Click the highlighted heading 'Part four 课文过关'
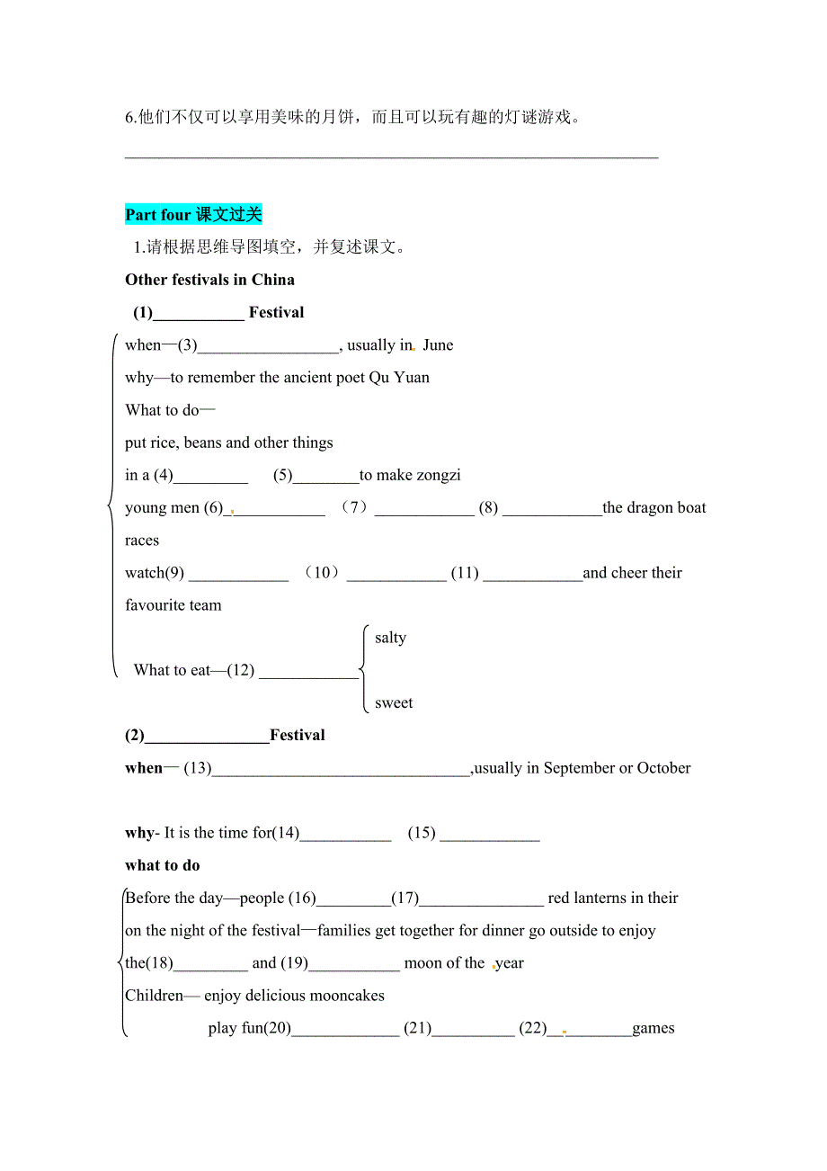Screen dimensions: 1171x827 pos(193,215)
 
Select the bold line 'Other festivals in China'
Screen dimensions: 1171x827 pos(209,280)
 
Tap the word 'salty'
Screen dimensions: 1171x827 pos(390,638)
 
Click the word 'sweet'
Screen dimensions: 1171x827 pos(394,703)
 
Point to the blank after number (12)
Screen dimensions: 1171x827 pos(308,671)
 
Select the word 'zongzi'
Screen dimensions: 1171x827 pos(438,476)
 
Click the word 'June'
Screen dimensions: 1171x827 pos(438,345)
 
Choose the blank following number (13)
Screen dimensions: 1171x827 pos(341,769)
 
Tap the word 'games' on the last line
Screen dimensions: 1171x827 pos(654,1028)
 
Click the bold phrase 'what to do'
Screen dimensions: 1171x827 pos(163,865)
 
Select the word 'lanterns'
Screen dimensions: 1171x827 pos(612,898)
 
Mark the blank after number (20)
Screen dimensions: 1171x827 pos(345,1029)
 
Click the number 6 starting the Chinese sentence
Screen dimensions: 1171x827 pos(129,118)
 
